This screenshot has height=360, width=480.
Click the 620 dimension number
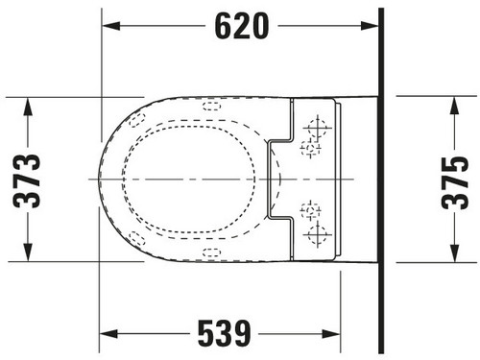pyautogui.click(x=242, y=26)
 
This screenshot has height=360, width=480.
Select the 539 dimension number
pyautogui.click(x=225, y=333)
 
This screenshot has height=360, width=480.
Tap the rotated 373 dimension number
pyautogui.click(x=27, y=181)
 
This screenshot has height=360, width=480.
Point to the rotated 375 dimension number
pyautogui.click(x=455, y=183)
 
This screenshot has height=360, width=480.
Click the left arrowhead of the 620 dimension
pyautogui.click(x=110, y=26)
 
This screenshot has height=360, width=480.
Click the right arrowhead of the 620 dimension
pyautogui.click(x=370, y=26)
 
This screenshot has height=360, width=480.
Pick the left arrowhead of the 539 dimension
pyautogui.click(x=108, y=334)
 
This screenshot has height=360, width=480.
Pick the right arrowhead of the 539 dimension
pyautogui.click(x=331, y=334)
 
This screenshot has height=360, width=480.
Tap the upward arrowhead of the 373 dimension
pyautogui.click(x=28, y=107)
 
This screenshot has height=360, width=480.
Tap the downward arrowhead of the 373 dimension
pyautogui.click(x=28, y=252)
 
